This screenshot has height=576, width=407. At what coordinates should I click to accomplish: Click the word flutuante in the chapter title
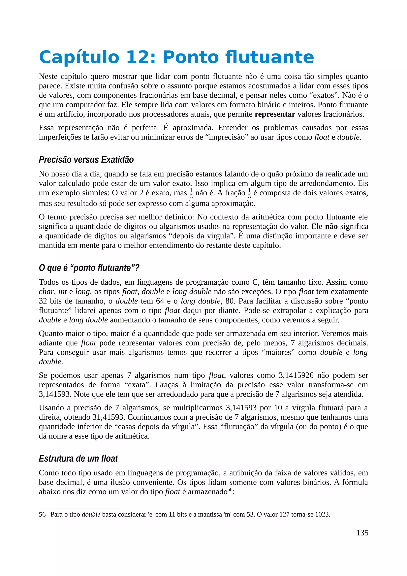pos(270,57)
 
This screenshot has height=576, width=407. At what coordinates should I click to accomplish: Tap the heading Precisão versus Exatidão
pos(86,160)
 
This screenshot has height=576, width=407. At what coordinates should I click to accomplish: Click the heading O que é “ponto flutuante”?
pos(89,268)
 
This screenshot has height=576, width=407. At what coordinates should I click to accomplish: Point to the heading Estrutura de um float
pos(78,459)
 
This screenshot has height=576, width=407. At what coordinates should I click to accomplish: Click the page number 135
pos(362,540)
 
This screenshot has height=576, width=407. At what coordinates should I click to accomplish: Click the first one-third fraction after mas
pos(191,193)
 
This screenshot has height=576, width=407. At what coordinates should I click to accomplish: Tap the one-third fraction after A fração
pos(249,193)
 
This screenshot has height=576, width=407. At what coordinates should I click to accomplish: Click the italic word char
pos(46,292)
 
